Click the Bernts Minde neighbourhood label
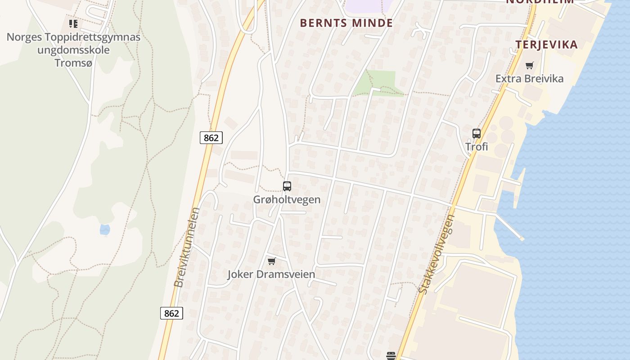pyautogui.click(x=346, y=23)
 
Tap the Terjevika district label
pyautogui.click(x=546, y=45)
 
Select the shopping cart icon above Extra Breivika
pyautogui.click(x=530, y=65)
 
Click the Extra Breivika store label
pyautogui.click(x=529, y=79)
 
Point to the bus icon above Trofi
pyautogui.click(x=477, y=133)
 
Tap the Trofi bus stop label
pyautogui.click(x=477, y=147)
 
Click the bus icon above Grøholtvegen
pyautogui.click(x=287, y=186)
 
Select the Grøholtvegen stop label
pyautogui.click(x=287, y=199)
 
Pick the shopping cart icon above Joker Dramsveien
pyautogui.click(x=271, y=261)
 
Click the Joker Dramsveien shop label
pyautogui.click(x=271, y=274)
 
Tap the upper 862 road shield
pyautogui.click(x=211, y=138)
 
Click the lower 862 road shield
pyautogui.click(x=171, y=313)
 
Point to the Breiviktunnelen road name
pyautogui.click(x=186, y=247)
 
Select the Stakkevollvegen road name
pyautogui.click(x=437, y=254)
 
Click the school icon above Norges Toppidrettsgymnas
pyautogui.click(x=73, y=23)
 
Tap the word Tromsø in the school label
pyautogui.click(x=73, y=63)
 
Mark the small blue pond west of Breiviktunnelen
pyautogui.click(x=105, y=229)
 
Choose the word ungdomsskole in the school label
pyautogui.click(x=73, y=49)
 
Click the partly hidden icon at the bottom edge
pyautogui.click(x=391, y=356)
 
